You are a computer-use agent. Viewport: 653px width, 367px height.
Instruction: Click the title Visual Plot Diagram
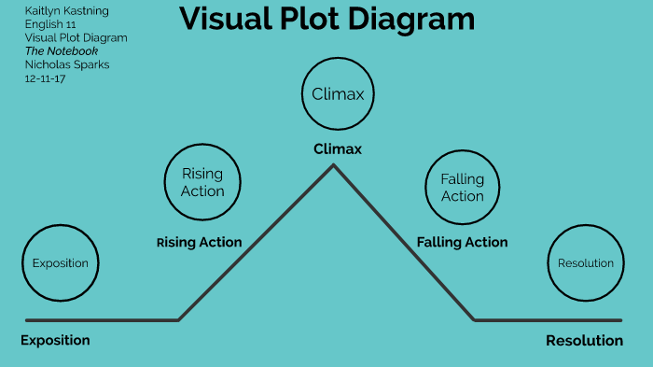click(326, 20)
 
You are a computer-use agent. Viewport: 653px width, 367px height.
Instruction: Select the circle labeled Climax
click(337, 93)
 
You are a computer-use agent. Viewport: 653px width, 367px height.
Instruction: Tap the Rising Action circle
click(202, 182)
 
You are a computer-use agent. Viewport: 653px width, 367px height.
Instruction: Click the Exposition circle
click(60, 262)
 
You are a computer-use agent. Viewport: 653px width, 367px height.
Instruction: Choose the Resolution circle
click(585, 262)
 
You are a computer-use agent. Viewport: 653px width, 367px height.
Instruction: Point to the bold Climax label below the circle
click(337, 148)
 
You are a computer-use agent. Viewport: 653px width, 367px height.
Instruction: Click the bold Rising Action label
click(199, 242)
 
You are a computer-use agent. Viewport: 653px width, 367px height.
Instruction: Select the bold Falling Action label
click(462, 242)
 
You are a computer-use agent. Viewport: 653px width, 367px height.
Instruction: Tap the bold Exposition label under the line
click(55, 340)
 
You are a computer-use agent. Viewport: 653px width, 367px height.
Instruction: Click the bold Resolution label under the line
click(584, 341)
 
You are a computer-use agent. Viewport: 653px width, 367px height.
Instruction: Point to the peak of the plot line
click(333, 166)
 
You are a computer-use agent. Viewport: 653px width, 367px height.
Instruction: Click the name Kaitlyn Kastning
click(66, 11)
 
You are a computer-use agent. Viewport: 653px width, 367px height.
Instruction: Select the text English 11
click(50, 24)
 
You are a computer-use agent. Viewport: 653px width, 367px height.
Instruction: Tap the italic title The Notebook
click(62, 50)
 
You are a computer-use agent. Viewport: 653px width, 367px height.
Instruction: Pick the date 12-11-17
click(45, 78)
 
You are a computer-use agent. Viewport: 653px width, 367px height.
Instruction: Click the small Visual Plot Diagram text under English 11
click(76, 37)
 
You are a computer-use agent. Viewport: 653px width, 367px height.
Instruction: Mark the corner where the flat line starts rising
click(178, 319)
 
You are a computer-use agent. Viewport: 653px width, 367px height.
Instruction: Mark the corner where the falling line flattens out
click(474, 319)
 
